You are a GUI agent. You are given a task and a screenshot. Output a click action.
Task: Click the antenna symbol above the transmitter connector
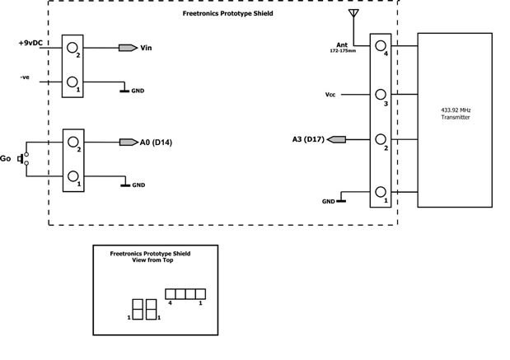pyautogui.click(x=354, y=14)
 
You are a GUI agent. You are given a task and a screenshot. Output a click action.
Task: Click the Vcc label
pyautogui.click(x=331, y=94)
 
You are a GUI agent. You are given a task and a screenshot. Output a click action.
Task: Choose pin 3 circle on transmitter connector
pyautogui.click(x=381, y=95)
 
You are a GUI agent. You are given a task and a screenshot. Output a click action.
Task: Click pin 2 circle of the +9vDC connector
pyautogui.click(x=74, y=48)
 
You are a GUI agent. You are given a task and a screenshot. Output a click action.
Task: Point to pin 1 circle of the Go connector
pyautogui.click(x=74, y=176)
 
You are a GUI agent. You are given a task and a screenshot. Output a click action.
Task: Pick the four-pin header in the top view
pyautogui.click(x=185, y=293)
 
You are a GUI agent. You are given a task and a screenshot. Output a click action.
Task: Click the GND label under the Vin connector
pyautogui.click(x=138, y=91)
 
